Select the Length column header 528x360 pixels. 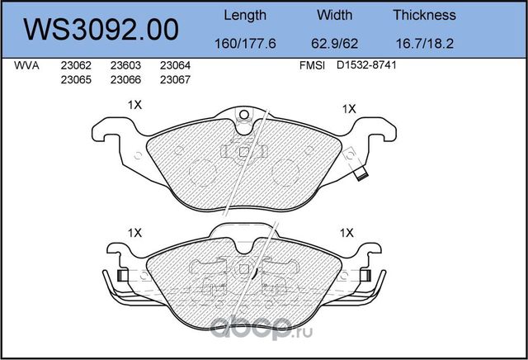[245, 15]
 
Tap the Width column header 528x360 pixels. [334, 15]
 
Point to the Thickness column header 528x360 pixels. [424, 15]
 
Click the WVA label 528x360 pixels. [27, 66]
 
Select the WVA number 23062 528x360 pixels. [76, 66]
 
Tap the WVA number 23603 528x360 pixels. [125, 66]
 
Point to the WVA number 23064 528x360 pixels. [175, 66]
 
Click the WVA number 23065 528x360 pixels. [76, 80]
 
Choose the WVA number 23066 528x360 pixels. [125, 80]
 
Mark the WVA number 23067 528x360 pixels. [175, 80]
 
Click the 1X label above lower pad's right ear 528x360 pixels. [348, 234]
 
